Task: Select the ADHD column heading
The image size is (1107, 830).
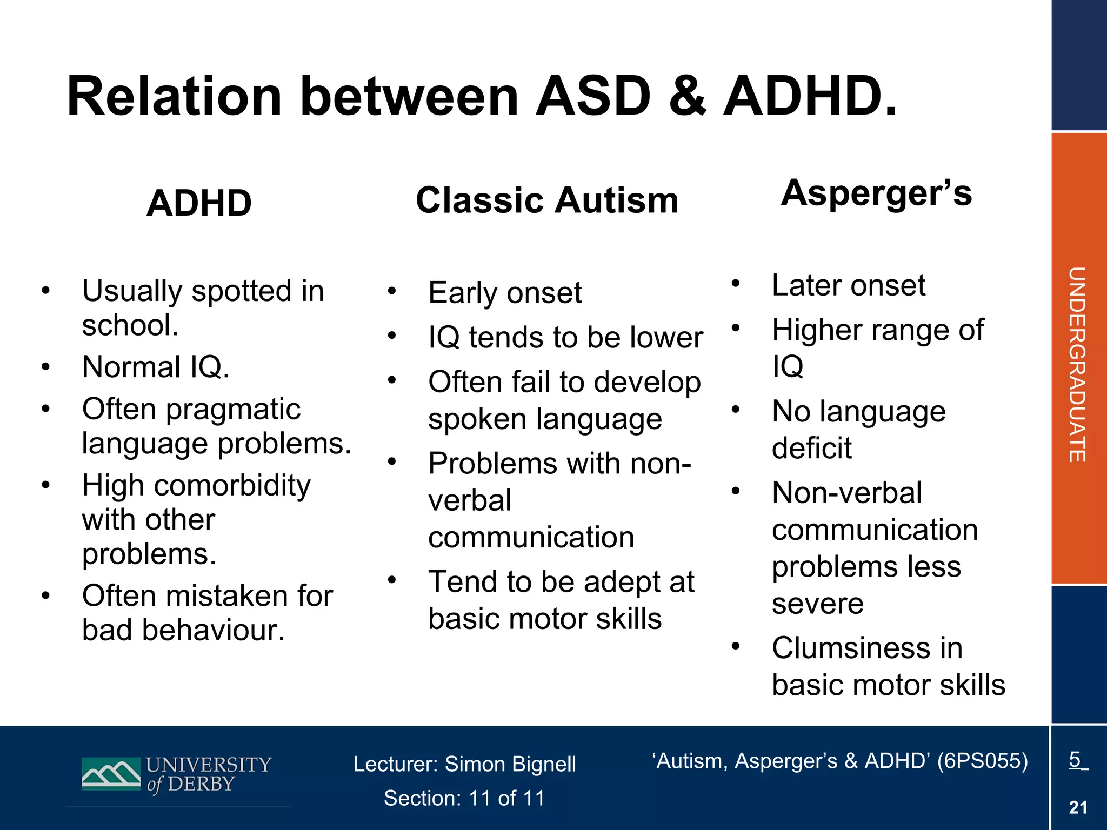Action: (199, 203)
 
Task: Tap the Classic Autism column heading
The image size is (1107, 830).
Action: (546, 200)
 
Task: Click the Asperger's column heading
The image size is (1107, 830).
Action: (876, 193)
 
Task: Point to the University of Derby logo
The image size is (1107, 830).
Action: (176, 775)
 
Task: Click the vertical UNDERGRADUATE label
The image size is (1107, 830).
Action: (1077, 364)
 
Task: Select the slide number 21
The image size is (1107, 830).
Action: (1078, 807)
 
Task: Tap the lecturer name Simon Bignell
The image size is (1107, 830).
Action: (510, 764)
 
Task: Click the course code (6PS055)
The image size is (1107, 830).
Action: (982, 761)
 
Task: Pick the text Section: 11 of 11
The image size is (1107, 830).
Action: (464, 798)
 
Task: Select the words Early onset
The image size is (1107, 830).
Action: (504, 293)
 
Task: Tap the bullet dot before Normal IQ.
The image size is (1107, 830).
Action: (46, 367)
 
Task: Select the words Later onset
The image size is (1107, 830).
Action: (848, 285)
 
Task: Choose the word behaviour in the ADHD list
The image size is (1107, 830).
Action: (213, 630)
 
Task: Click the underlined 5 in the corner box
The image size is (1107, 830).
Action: (1075, 759)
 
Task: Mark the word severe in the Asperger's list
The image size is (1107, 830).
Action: (817, 604)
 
